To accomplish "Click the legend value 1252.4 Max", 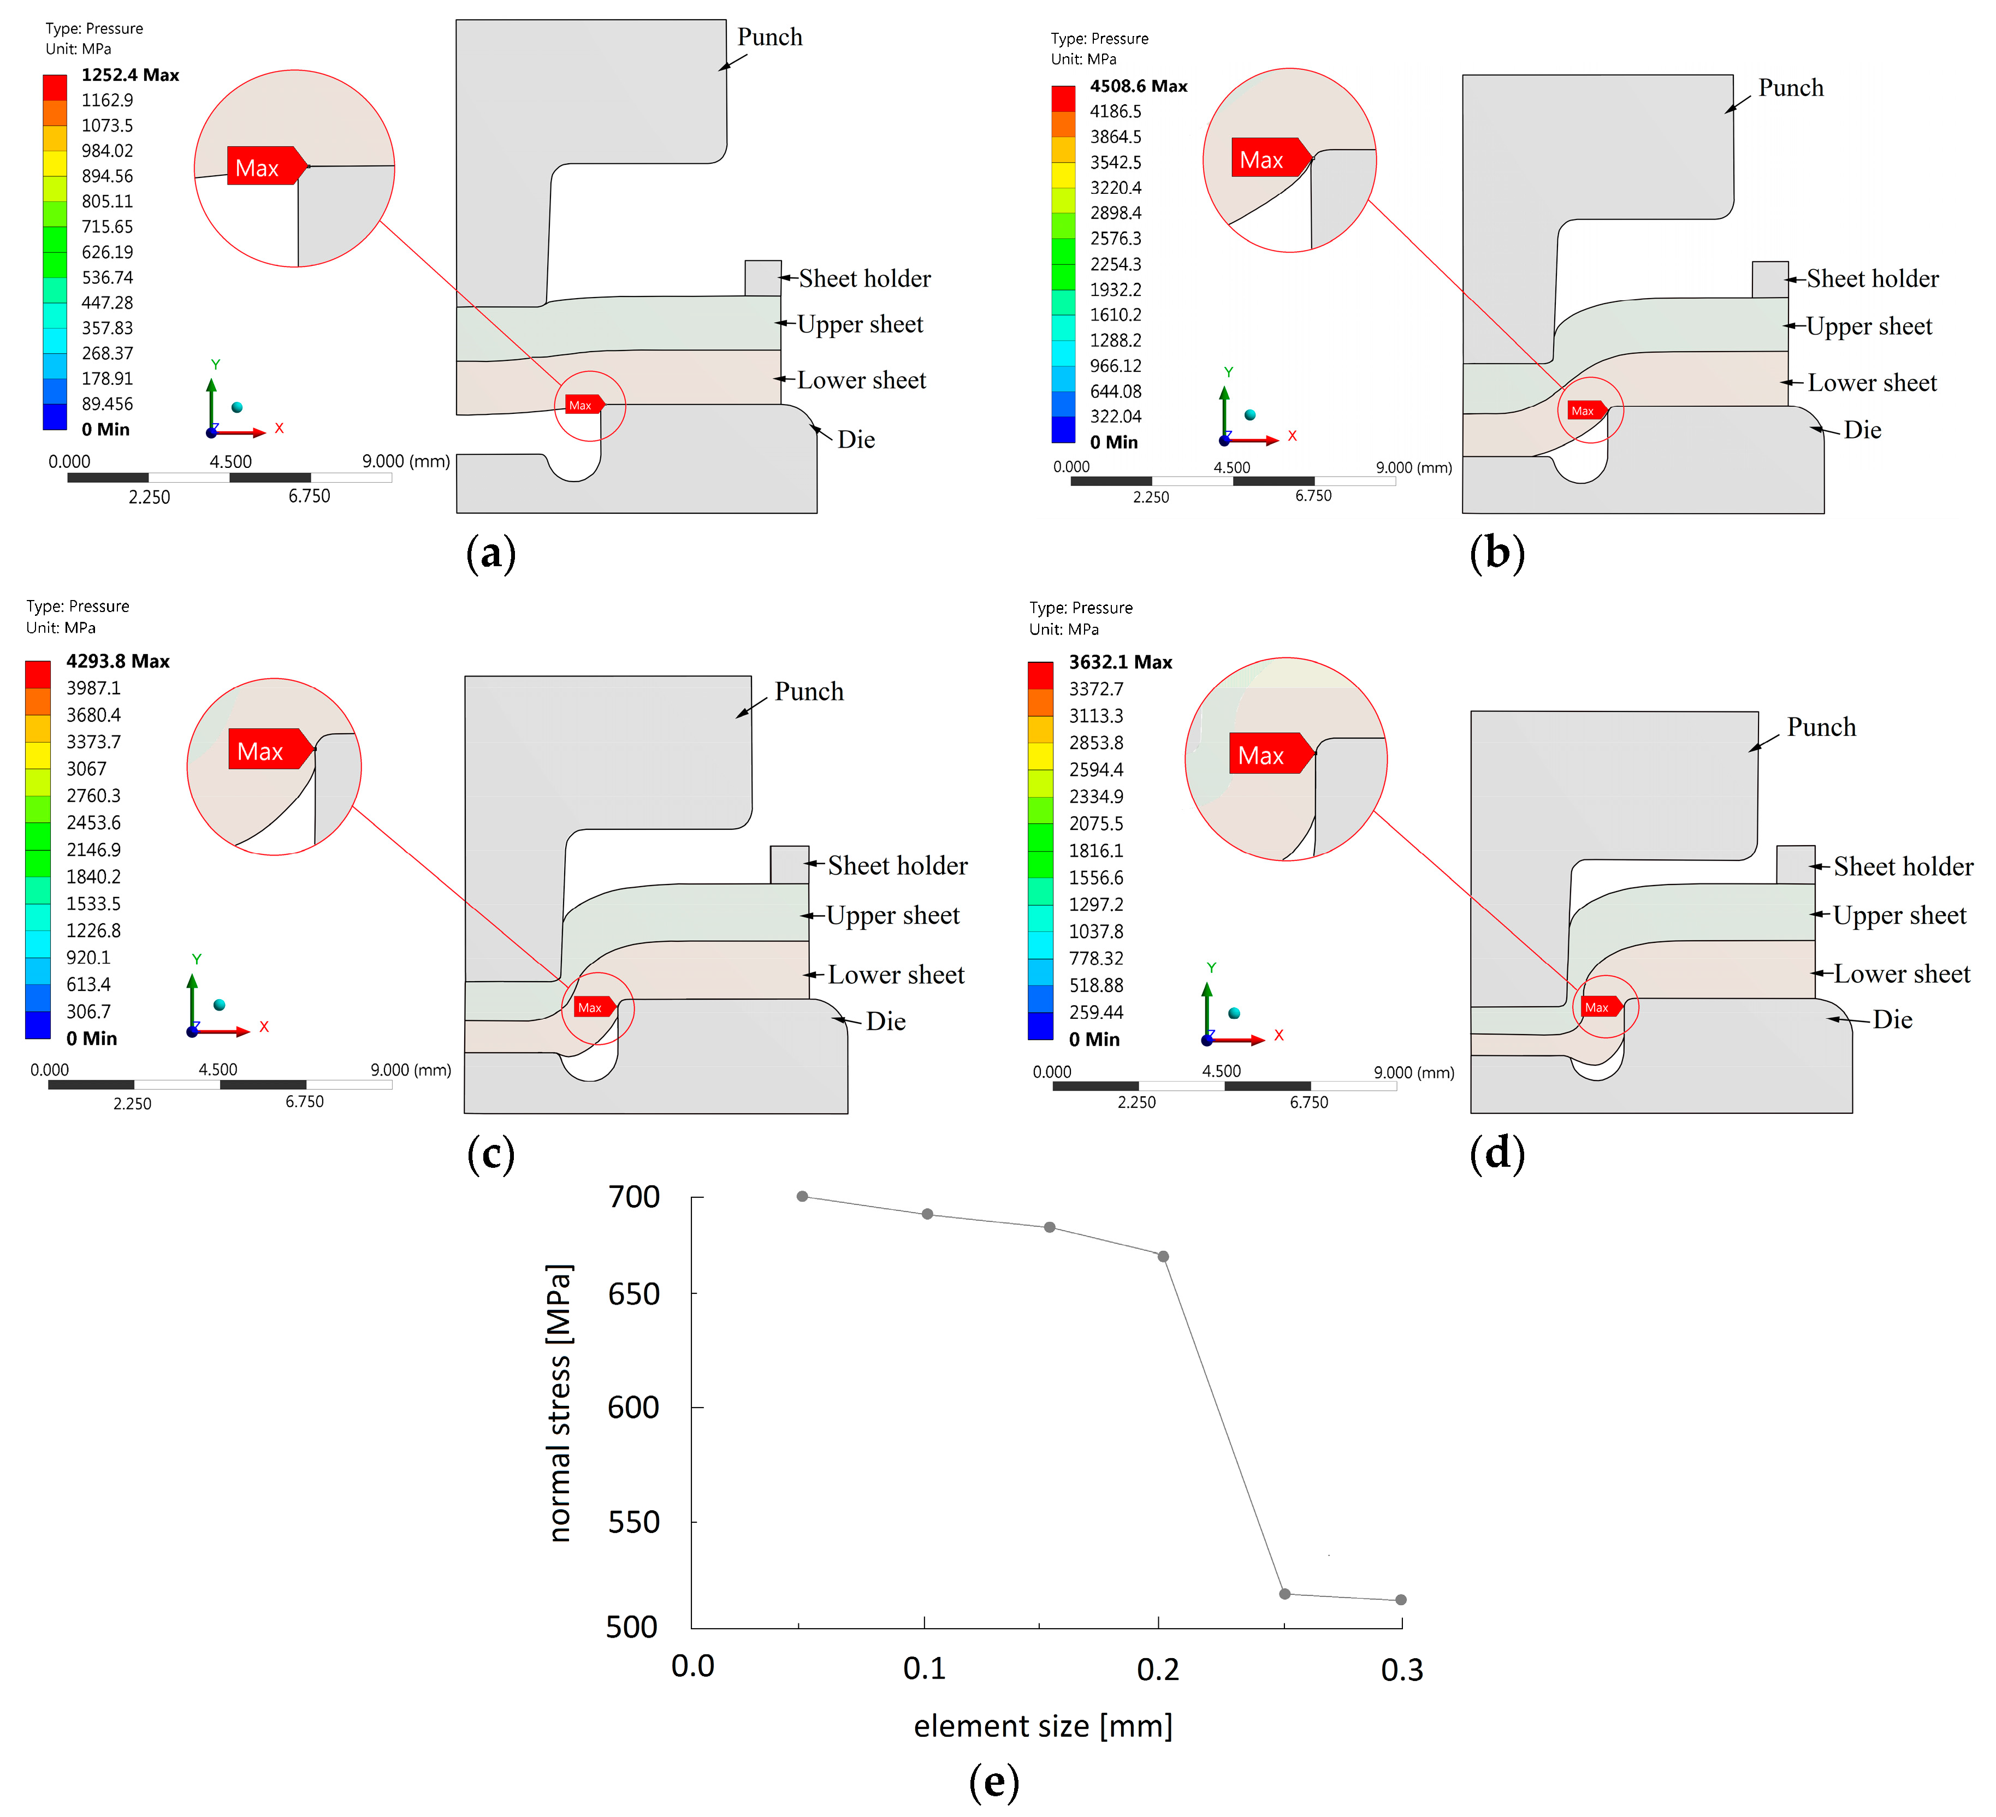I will (x=130, y=75).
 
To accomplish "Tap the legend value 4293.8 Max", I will (x=118, y=661).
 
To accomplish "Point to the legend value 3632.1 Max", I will (x=1120, y=662).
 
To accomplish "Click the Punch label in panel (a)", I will (x=769, y=38).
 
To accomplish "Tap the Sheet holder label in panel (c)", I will (x=897, y=866).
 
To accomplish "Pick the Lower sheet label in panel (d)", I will (x=1901, y=974).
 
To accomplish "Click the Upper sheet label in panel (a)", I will (x=860, y=325).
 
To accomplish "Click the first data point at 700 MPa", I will (x=802, y=1196).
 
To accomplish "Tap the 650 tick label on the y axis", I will (x=633, y=1295).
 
